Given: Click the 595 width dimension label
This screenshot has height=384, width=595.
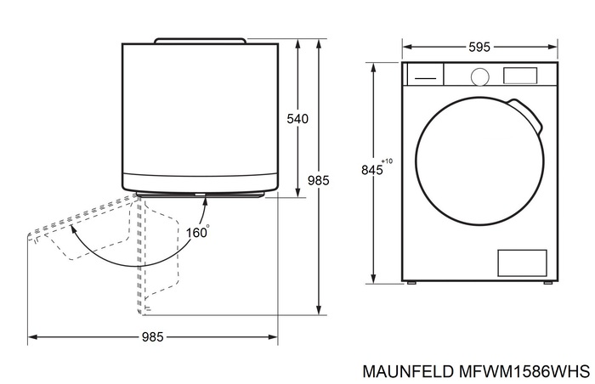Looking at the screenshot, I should point(479,48).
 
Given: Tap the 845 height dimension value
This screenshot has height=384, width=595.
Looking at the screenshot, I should point(371,170).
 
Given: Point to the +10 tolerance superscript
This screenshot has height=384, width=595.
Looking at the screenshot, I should point(388,161).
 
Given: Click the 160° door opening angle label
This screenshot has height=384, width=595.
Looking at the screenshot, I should point(197,230).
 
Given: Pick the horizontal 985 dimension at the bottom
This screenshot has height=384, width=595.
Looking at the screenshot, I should point(152,337).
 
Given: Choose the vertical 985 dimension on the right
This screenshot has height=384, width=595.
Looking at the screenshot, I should point(318,180).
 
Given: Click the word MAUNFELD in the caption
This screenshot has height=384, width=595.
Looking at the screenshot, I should point(405,371).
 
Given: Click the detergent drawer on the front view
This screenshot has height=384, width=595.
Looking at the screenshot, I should point(424,75).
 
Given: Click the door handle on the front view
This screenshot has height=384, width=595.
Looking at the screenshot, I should point(528,116).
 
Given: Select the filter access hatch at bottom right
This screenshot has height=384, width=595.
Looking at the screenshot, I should point(521,263).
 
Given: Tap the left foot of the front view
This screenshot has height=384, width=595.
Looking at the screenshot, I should point(411,282).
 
